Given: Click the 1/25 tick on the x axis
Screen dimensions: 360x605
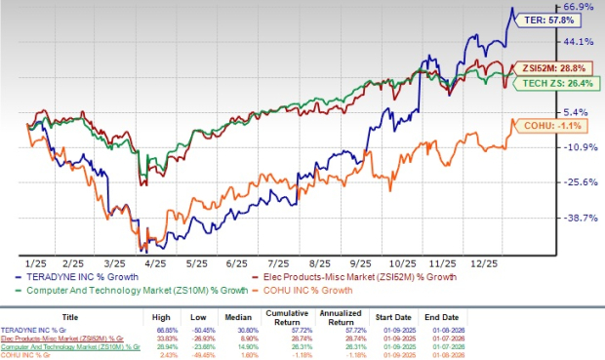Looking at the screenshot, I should (38, 263).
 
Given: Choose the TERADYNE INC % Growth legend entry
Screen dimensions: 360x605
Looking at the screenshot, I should (83, 276).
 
